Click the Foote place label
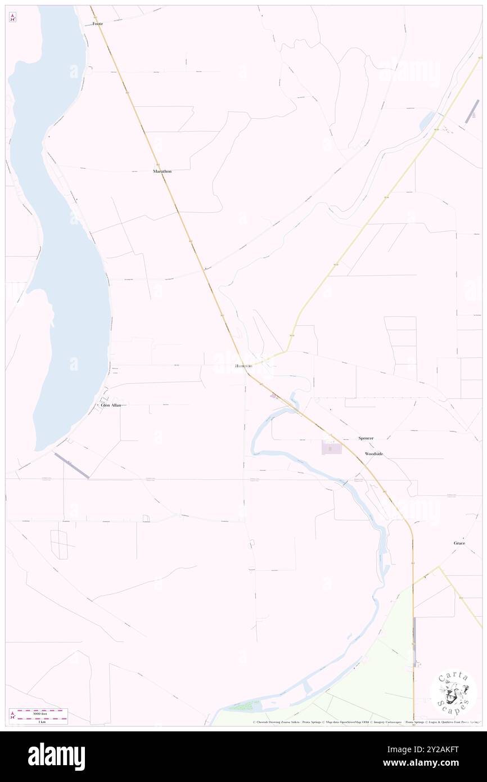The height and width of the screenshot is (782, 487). click(x=98, y=24)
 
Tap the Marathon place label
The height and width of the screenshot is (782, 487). click(x=162, y=171)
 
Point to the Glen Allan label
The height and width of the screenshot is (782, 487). click(x=111, y=405)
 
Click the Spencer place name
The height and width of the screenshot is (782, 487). click(x=366, y=438)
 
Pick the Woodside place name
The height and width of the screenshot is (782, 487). click(x=373, y=453)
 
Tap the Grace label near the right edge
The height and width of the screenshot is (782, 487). click(x=459, y=543)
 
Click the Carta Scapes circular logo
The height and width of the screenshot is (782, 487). click(x=453, y=693)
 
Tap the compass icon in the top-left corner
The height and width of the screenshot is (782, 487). click(x=12, y=18)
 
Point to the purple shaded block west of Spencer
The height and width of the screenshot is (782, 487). click(x=331, y=448)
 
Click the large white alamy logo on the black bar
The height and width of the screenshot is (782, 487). click(x=56, y=757)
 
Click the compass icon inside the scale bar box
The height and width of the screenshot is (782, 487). click(x=12, y=716)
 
